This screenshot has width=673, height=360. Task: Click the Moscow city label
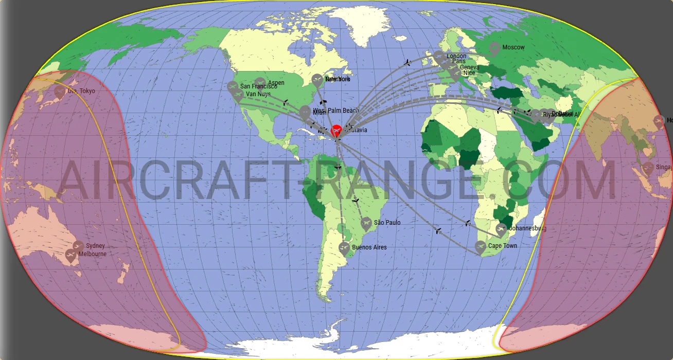coord(513,47)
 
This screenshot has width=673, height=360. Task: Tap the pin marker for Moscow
coord(494,49)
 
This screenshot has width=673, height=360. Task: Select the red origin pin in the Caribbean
coord(336,131)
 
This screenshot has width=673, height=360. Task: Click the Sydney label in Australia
coord(95,246)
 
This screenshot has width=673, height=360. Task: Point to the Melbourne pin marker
coord(72,255)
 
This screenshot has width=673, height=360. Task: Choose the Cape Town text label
coord(503,246)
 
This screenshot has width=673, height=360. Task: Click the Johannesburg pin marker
coord(501,229)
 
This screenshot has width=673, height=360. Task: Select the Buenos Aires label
coord(369,247)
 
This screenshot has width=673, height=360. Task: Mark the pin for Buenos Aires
coord(345,249)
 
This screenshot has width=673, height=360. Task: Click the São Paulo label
coord(387,223)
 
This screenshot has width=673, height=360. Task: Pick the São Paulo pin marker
coord(366,223)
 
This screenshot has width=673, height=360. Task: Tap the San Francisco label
coord(258,87)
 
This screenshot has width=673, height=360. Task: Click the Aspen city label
coord(276,83)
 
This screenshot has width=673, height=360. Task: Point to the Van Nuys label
coord(258,94)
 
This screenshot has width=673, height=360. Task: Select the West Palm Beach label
coord(335,111)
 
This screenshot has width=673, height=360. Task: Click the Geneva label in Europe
coord(469,67)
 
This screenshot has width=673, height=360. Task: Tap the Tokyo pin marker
coord(60,93)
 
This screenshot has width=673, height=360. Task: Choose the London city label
coord(456,56)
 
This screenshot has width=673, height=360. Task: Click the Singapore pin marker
coord(648,168)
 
